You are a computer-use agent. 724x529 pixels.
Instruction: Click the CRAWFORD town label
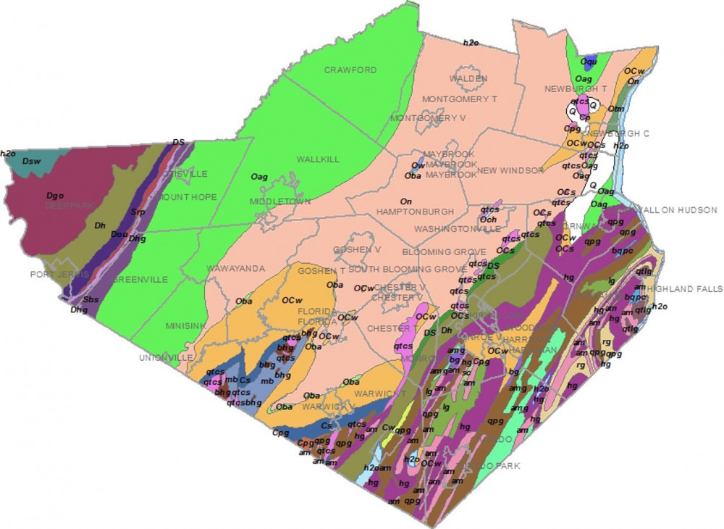click(350, 70)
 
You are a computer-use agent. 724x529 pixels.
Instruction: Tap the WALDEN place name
click(463, 78)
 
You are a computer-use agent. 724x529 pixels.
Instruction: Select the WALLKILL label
click(317, 159)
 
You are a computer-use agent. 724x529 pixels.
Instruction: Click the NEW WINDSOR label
click(510, 170)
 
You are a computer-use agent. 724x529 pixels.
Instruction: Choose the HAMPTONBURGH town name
click(416, 212)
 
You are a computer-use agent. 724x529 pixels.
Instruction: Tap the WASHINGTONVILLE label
click(457, 229)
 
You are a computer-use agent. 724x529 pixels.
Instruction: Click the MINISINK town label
click(185, 326)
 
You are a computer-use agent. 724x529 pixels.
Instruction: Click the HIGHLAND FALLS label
click(684, 289)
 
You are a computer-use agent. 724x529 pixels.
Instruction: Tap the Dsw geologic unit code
click(31, 161)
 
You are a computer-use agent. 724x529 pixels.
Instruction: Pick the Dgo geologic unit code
click(55, 195)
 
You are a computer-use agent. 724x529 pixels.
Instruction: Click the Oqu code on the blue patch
click(589, 61)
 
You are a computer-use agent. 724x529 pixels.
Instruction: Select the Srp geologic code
click(138, 212)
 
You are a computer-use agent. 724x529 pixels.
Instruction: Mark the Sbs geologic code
click(90, 299)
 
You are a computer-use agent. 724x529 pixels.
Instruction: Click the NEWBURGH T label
click(576, 88)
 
